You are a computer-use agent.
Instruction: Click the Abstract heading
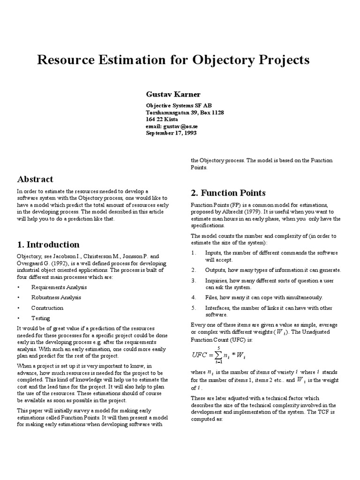(x=35, y=179)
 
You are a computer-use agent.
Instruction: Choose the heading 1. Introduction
(x=48, y=245)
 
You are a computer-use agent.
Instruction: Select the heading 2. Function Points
(x=228, y=193)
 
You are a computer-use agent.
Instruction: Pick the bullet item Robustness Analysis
(x=56, y=297)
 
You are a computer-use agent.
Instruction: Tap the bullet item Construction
(x=47, y=308)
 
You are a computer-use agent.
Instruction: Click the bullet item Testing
(x=40, y=318)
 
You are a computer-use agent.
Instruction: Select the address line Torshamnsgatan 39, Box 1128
(x=185, y=113)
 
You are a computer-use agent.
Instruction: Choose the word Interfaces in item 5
(x=218, y=308)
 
